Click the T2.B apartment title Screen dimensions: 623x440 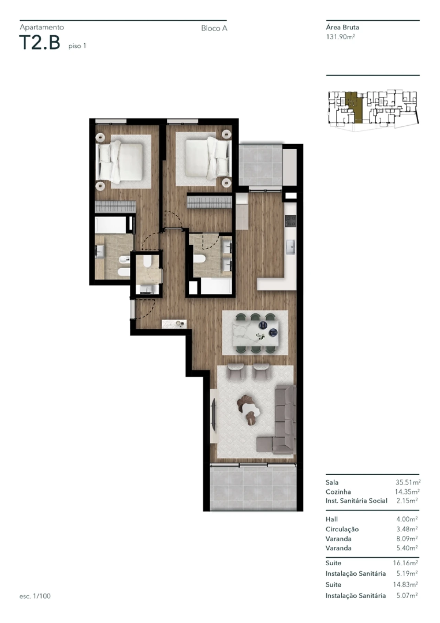click(x=40, y=43)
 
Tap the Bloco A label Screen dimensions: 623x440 click(x=214, y=29)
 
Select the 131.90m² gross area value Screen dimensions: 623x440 click(x=340, y=37)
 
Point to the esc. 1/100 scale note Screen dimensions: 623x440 click(x=35, y=596)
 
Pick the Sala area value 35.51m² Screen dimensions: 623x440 click(x=408, y=482)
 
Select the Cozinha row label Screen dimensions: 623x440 click(x=338, y=492)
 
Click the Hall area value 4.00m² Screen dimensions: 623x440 click(x=407, y=519)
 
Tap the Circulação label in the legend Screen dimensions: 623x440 click(x=342, y=529)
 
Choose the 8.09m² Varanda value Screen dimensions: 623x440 click(x=407, y=539)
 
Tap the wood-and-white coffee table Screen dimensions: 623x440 click(x=249, y=409)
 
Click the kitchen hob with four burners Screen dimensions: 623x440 click(x=290, y=220)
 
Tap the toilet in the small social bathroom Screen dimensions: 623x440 click(x=147, y=262)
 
